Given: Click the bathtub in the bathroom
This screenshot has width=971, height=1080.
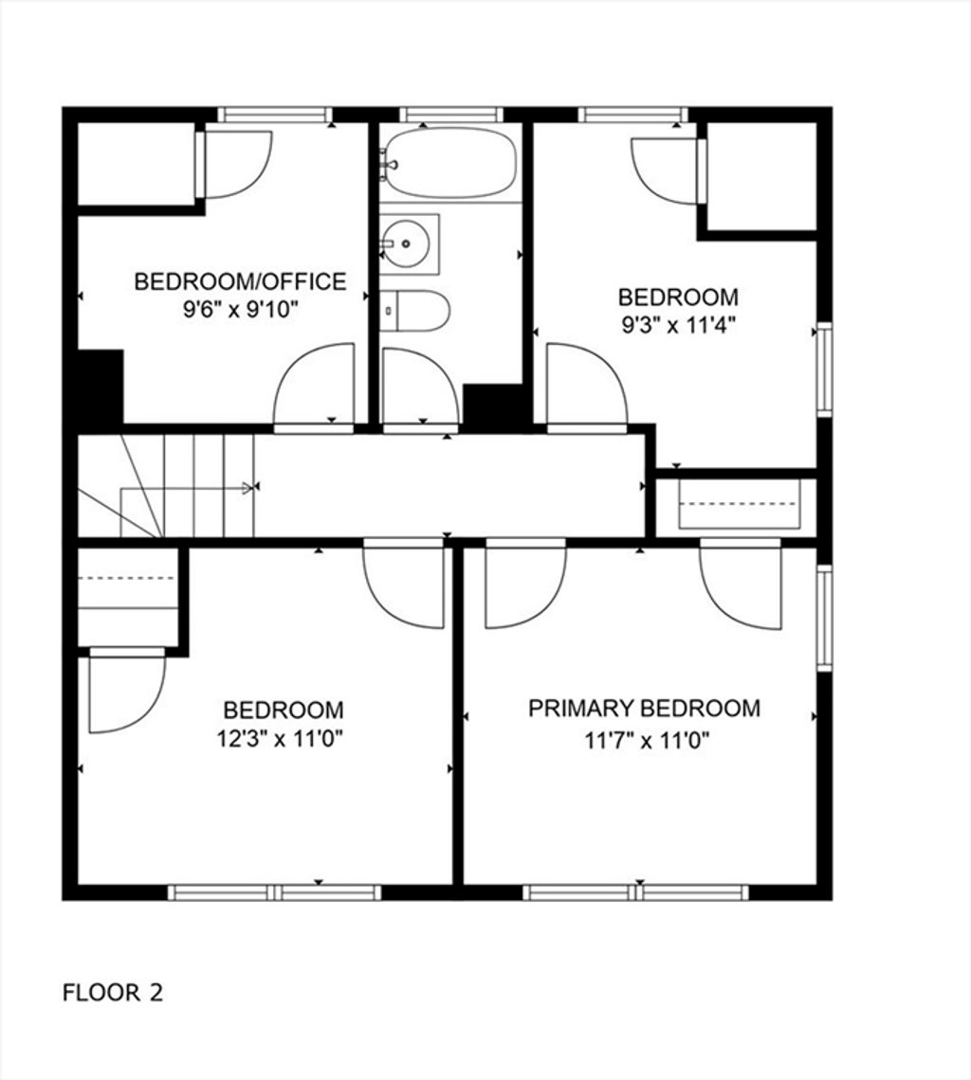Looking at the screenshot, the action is coord(449,163).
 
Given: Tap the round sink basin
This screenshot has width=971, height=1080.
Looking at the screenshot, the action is coord(405,243).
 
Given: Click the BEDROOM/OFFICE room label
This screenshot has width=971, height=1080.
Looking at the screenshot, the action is coord(240,281).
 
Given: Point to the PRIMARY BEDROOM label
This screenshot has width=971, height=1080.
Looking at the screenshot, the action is coord(644,709).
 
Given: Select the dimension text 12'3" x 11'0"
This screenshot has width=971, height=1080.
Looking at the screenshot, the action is coord(280,740).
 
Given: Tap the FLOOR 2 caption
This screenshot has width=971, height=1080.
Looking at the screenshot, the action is coord(113,993).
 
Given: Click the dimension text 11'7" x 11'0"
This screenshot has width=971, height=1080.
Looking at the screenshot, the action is coord(647,741).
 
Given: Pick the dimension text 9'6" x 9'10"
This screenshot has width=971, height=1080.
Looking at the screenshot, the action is coord(240,310).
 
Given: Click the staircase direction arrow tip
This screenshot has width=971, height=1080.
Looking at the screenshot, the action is coord(252,488).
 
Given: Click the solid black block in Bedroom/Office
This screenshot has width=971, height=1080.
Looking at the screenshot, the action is coord(100,387).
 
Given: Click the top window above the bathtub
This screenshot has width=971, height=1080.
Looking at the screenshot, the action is coord(451,115).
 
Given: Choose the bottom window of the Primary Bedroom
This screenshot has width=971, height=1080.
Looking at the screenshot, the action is coord(635,892).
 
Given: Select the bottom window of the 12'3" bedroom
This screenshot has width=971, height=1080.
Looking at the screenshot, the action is coord(274,892).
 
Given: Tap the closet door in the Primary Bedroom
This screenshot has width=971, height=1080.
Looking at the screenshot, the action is coord(741,585).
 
